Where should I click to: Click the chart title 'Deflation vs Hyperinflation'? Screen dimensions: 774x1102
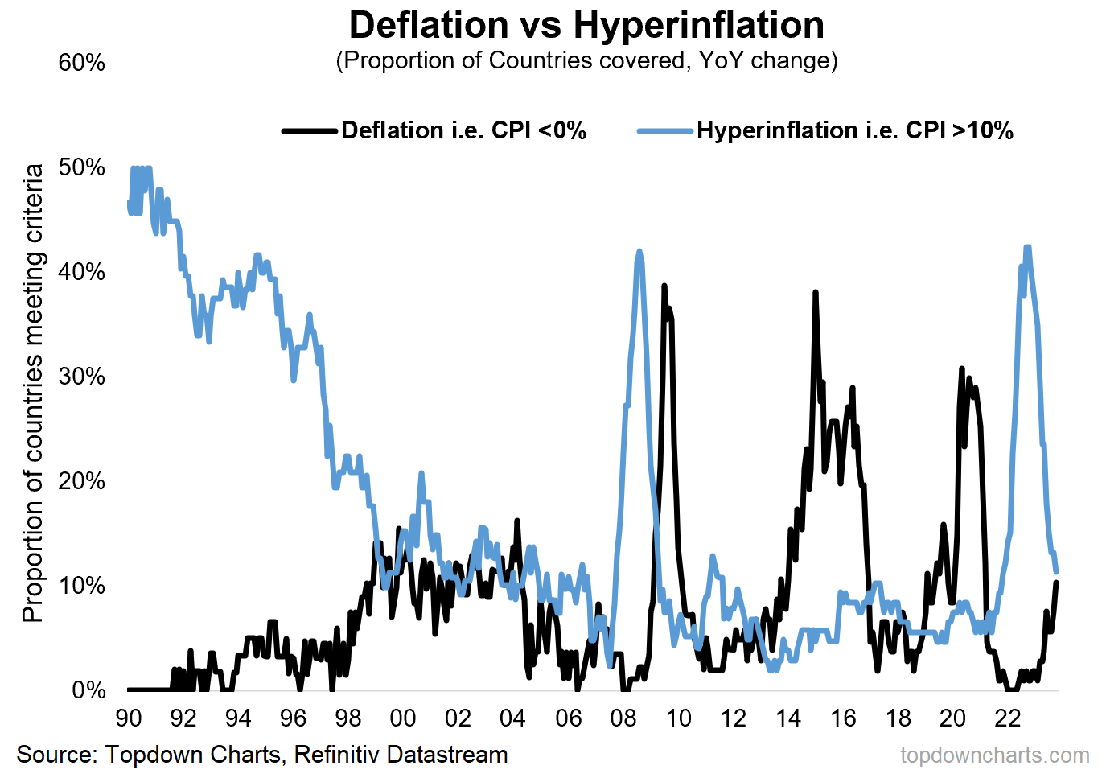(x=586, y=25)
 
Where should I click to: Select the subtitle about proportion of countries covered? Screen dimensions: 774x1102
(x=586, y=61)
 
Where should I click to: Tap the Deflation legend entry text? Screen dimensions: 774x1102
(x=463, y=130)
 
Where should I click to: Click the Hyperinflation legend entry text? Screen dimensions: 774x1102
(x=854, y=130)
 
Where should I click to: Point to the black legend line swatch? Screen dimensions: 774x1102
(x=310, y=130)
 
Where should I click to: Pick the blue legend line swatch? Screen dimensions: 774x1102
(x=664, y=130)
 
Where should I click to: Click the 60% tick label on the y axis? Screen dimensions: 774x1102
(x=81, y=63)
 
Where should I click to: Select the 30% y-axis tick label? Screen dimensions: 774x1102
(x=81, y=377)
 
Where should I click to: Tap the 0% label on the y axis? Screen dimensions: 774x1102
(x=88, y=690)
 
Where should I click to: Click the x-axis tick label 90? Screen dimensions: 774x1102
(x=129, y=718)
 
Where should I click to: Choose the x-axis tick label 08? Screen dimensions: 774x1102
(x=623, y=718)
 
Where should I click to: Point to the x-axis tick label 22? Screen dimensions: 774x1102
(x=1008, y=718)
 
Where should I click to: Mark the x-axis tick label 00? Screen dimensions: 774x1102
(x=403, y=718)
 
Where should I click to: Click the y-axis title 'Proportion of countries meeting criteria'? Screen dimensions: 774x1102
(x=33, y=393)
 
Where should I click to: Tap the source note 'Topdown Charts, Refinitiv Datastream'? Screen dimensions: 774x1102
(x=262, y=755)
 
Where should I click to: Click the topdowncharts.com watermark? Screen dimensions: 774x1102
(x=994, y=755)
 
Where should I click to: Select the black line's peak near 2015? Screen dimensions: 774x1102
(x=815, y=293)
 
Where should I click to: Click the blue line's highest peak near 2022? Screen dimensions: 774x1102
(x=1027, y=247)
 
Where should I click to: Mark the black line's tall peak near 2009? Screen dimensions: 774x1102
(x=664, y=286)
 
